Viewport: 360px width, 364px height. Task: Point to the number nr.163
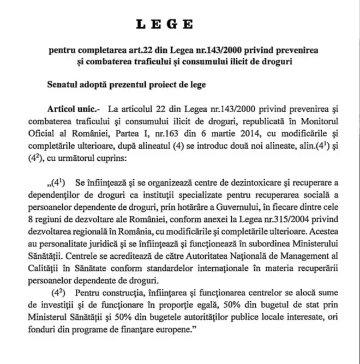click(148, 134)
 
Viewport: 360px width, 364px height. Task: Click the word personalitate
click(87, 240)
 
